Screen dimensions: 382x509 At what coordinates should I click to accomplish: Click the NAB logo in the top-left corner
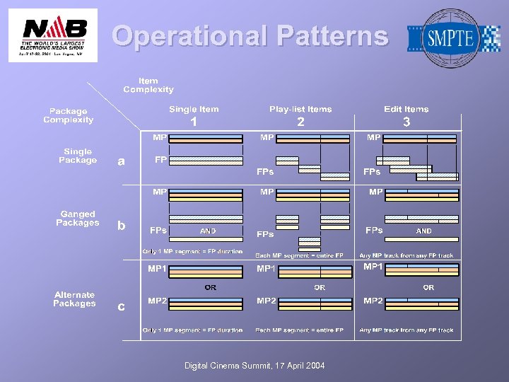pos(54,35)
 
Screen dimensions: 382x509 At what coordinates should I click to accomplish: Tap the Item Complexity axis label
pos(148,86)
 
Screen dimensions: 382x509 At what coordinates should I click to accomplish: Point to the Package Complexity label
pos(69,115)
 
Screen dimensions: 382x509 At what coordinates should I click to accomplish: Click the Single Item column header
pos(194,109)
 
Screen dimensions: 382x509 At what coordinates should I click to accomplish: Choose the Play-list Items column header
pos(300,109)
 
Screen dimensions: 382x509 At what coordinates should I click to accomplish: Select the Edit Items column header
pos(406,109)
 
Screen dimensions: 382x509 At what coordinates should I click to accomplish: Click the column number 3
pos(406,122)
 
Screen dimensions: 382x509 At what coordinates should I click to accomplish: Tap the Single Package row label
pos(78,156)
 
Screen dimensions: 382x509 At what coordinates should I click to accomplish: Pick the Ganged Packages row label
pos(78,218)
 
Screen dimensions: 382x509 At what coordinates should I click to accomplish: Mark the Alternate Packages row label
pos(74,299)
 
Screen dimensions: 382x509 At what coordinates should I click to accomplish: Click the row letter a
pos(122,162)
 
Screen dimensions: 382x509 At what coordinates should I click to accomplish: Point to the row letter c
pos(122,306)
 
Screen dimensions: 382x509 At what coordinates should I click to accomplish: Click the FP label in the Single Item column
pos(160,160)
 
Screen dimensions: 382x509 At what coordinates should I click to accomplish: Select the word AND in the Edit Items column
pos(423,231)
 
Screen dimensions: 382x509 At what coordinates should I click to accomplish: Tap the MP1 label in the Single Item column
pos(158,269)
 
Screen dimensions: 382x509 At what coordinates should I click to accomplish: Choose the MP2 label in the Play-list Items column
pos(267,301)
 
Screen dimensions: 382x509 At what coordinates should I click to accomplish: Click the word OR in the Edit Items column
pos(428,287)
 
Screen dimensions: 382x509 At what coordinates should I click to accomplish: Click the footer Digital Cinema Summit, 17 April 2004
pos(255,366)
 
